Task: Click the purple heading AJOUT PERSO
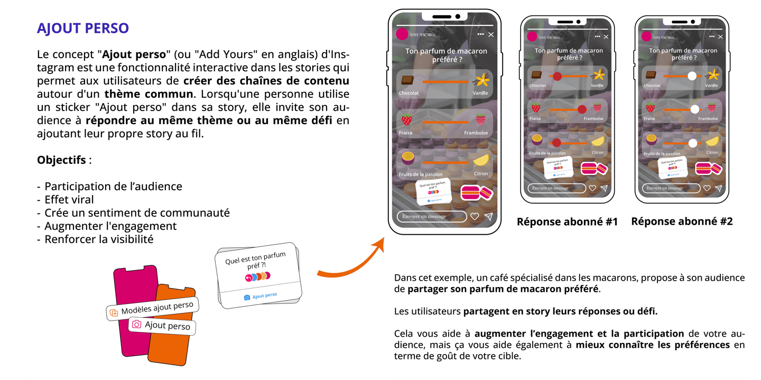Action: [83, 29]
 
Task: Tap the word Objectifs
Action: [61, 160]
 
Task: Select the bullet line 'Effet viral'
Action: [69, 200]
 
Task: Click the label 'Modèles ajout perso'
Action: [157, 309]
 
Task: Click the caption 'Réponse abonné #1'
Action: [567, 222]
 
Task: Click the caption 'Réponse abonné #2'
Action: [682, 222]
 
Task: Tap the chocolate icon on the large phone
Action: [407, 81]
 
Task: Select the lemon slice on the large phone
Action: [481, 160]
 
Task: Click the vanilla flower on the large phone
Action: [481, 81]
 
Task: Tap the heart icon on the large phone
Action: [475, 216]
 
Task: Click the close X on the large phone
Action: [491, 34]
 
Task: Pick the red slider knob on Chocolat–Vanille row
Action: [557, 77]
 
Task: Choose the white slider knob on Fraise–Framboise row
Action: [694, 109]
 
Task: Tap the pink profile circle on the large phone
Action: [402, 34]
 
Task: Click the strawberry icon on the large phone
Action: [406, 120]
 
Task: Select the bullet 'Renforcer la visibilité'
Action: [99, 239]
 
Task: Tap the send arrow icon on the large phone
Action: [489, 216]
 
